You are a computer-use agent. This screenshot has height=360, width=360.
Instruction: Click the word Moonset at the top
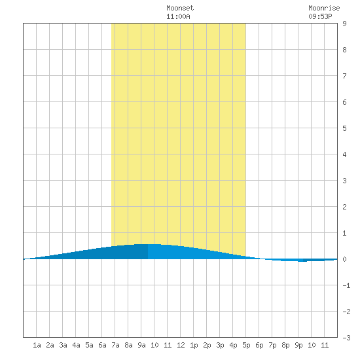pos(180,8)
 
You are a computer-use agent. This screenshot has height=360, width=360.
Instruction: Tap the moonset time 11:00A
pos(178,16)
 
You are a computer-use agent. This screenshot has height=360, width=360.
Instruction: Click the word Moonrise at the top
pos(324,8)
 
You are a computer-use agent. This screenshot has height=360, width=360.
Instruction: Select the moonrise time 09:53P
pos(320,16)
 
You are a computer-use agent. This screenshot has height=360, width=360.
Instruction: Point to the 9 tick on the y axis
pos(344,24)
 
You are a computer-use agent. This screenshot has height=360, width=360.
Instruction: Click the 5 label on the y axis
pos(344,128)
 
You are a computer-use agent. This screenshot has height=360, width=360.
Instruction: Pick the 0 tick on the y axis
pos(344,259)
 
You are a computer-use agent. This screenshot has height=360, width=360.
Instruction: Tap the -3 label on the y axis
pos(346,338)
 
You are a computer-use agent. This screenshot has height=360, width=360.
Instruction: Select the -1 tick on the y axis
pos(346,285)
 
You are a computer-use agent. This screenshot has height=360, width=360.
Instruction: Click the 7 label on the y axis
pos(344,76)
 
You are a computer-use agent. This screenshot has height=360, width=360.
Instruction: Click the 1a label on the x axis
pos(37,345)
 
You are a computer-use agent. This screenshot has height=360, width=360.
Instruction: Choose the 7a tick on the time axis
pos(115,345)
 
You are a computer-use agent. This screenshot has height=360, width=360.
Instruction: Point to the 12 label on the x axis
pos(181,345)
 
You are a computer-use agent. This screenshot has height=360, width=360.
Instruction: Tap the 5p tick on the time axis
pos(246,345)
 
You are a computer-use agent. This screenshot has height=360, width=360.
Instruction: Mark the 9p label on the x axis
pos(298,345)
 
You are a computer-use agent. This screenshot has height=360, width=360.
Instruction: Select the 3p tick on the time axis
pos(220,345)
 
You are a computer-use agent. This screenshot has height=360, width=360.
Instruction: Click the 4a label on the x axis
pos(76,345)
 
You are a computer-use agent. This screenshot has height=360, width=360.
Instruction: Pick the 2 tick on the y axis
pos(344,207)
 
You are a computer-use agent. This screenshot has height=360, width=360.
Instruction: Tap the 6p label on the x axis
pos(259,345)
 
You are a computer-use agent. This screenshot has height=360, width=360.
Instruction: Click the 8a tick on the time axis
pos(128,345)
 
